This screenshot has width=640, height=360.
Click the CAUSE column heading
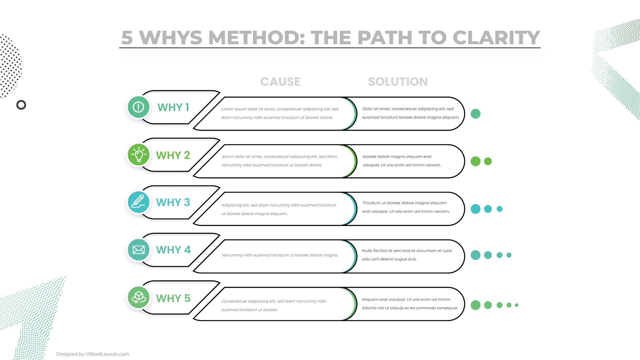pyautogui.click(x=280, y=82)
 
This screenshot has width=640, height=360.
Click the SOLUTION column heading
pyautogui.click(x=398, y=82)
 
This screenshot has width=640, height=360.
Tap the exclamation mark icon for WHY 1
pyautogui.click(x=138, y=107)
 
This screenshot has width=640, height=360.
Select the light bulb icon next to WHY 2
pyautogui.click(x=138, y=155)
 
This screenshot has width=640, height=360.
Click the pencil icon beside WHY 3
pyautogui.click(x=138, y=202)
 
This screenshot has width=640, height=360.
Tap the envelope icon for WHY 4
pyautogui.click(x=138, y=250)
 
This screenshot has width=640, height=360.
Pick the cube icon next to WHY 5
pyautogui.click(x=138, y=297)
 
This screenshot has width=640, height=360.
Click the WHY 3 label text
pyautogui.click(x=173, y=202)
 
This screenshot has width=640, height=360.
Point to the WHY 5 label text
pyautogui.click(x=173, y=298)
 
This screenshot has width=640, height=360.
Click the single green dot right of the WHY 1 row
pyautogui.click(x=475, y=114)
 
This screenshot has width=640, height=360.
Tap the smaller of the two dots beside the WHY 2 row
pyautogui.click(x=488, y=161)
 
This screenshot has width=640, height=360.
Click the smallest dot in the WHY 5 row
pyautogui.click(x=517, y=305)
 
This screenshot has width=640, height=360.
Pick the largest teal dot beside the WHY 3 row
pyautogui.click(x=475, y=209)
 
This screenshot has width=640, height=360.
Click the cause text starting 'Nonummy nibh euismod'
pyautogui.click(x=280, y=255)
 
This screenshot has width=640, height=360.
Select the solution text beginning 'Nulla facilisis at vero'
pyautogui.click(x=407, y=255)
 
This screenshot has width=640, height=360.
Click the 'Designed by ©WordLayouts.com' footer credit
pyautogui.click(x=92, y=354)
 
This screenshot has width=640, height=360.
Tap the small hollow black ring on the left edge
pyautogui.click(x=21, y=105)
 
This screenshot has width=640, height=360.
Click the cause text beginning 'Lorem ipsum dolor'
pyautogui.click(x=280, y=113)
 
